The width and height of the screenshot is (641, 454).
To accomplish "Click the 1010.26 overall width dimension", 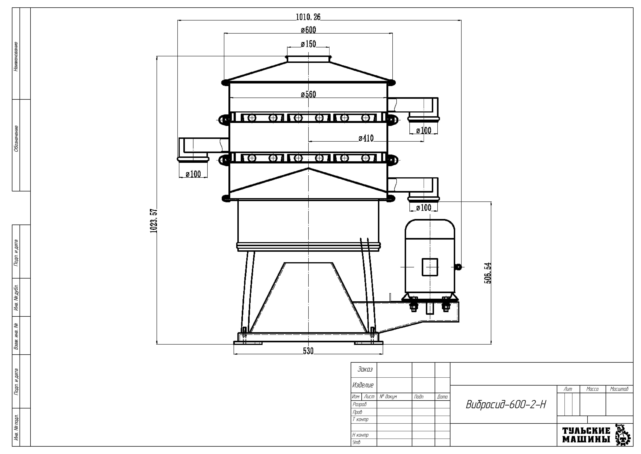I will click(308, 17).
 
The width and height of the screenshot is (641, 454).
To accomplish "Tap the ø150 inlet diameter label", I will click(308, 44).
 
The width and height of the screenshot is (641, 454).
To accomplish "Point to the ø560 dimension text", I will click(308, 94).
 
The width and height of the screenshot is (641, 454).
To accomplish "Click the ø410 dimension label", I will click(366, 138).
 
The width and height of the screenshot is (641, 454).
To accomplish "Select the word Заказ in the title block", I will click(365, 369).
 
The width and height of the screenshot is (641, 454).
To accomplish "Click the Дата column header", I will click(442, 397).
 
